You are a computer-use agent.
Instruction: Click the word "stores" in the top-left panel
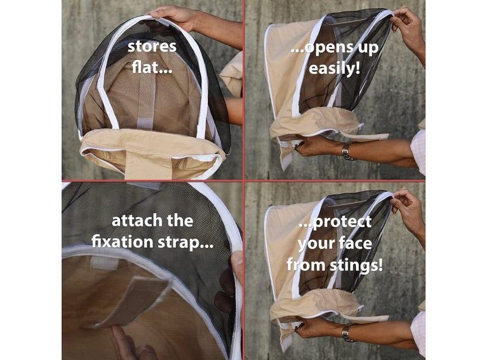(152, 47)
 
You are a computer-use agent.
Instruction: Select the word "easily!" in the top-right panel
(334, 68)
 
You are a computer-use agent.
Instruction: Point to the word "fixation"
(122, 241)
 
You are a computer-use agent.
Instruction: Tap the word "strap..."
(185, 242)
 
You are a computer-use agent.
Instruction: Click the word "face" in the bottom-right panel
(356, 244)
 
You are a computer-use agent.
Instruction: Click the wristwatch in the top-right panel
(347, 151)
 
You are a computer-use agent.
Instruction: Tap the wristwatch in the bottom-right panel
(347, 332)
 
